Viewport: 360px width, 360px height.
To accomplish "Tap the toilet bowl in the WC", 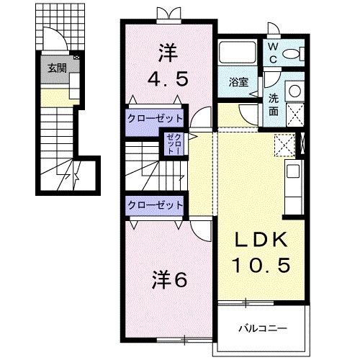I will (292, 54).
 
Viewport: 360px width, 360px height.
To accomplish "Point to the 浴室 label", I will (239, 82).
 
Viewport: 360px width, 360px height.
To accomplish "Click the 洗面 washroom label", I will (275, 106).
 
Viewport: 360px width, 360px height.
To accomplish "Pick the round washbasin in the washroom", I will (294, 91).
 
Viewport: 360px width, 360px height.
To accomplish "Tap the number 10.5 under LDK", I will (261, 266).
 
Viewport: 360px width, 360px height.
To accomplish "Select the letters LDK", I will (261, 240).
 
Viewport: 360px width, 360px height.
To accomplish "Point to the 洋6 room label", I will (170, 279).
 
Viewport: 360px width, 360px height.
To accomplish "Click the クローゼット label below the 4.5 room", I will (156, 117).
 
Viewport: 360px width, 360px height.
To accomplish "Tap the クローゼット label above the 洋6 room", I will (155, 205).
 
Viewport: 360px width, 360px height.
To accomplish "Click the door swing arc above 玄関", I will (55, 40).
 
